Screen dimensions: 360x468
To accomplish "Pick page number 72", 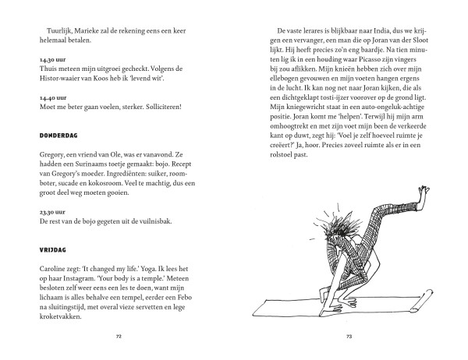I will point(119,338).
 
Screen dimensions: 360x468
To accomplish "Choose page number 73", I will point(349,338).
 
